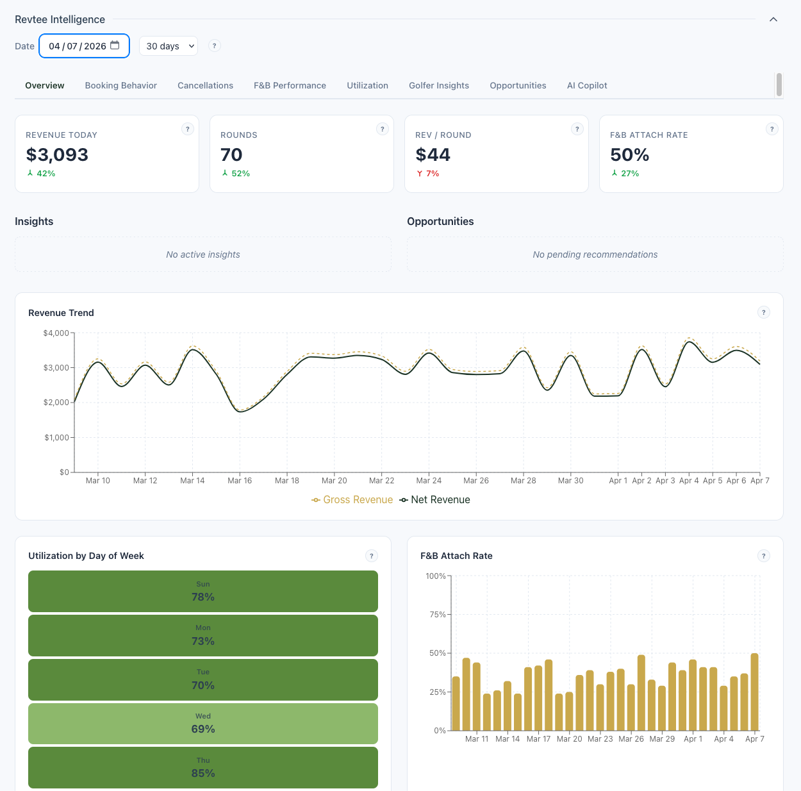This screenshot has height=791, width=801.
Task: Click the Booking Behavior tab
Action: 120,85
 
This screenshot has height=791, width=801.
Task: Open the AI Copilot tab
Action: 586,85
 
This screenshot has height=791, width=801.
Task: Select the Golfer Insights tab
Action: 438,85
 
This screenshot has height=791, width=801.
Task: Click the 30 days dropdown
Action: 169,46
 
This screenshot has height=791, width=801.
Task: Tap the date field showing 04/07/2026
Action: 84,46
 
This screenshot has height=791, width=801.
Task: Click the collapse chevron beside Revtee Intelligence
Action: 773,19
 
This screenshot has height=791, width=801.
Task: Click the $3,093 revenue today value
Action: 57,154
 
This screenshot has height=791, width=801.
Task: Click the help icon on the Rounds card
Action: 383,129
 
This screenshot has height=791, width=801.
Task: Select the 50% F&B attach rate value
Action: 629,154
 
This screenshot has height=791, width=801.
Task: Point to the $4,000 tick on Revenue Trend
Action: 56,333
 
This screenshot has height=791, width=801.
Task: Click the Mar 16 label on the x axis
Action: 240,481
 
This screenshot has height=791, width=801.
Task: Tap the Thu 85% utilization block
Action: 203,767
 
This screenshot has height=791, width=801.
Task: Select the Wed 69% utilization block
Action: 203,724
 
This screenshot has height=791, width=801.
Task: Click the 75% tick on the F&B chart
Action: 437,615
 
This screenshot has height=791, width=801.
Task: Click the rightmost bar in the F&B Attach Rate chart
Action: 754,692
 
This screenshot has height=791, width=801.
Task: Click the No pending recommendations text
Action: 595,254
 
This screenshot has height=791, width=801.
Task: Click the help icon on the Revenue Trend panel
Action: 763,312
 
